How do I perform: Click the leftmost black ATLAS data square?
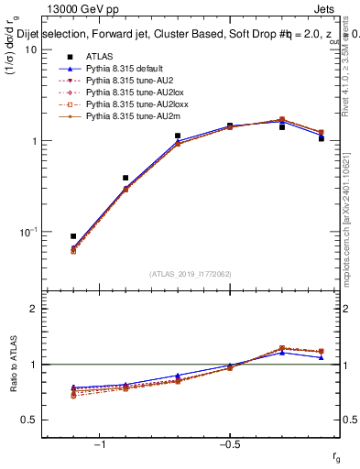tap(73, 236)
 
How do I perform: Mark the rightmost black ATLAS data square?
tap(322, 138)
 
